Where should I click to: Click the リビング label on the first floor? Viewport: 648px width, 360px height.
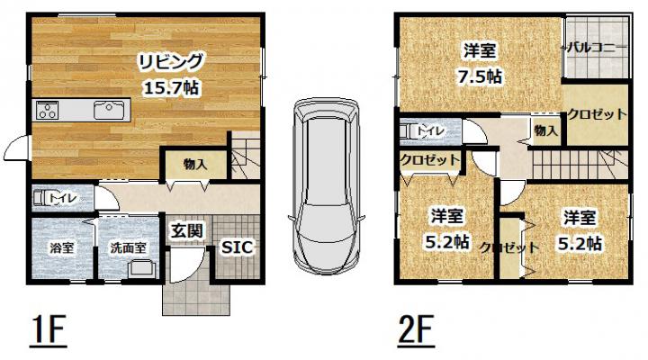click(x=170, y=62)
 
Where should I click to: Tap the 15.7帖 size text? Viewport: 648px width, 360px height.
click(x=171, y=87)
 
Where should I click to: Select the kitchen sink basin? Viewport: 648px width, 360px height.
click(x=108, y=110)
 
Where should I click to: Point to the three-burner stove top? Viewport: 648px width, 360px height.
click(x=48, y=110)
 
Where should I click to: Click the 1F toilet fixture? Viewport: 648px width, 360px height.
click(x=43, y=198)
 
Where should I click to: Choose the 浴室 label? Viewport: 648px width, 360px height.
click(x=61, y=248)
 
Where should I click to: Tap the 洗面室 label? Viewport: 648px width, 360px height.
click(x=128, y=247)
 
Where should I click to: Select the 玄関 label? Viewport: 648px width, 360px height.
click(x=187, y=230)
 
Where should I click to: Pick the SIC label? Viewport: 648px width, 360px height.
click(x=237, y=247)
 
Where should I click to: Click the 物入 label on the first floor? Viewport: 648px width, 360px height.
click(x=195, y=165)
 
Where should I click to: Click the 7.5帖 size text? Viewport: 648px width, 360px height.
click(x=480, y=76)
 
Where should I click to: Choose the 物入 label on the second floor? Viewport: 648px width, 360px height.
click(x=545, y=131)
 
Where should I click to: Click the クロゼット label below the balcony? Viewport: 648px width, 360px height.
click(x=598, y=114)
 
